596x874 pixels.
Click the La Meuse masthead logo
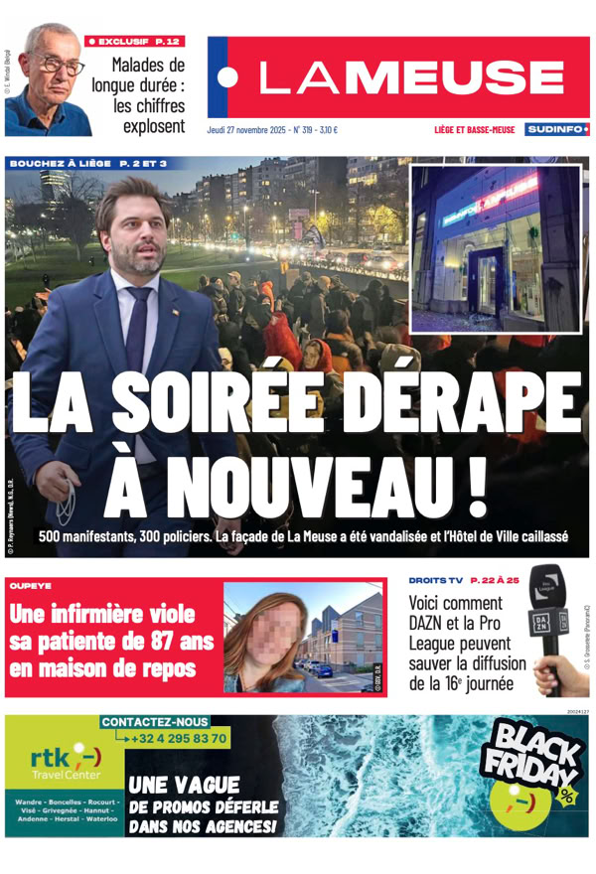point(397,78)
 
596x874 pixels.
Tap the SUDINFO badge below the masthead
point(556,130)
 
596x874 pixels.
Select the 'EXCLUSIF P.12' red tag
point(134,41)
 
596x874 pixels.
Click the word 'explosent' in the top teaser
point(154,126)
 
